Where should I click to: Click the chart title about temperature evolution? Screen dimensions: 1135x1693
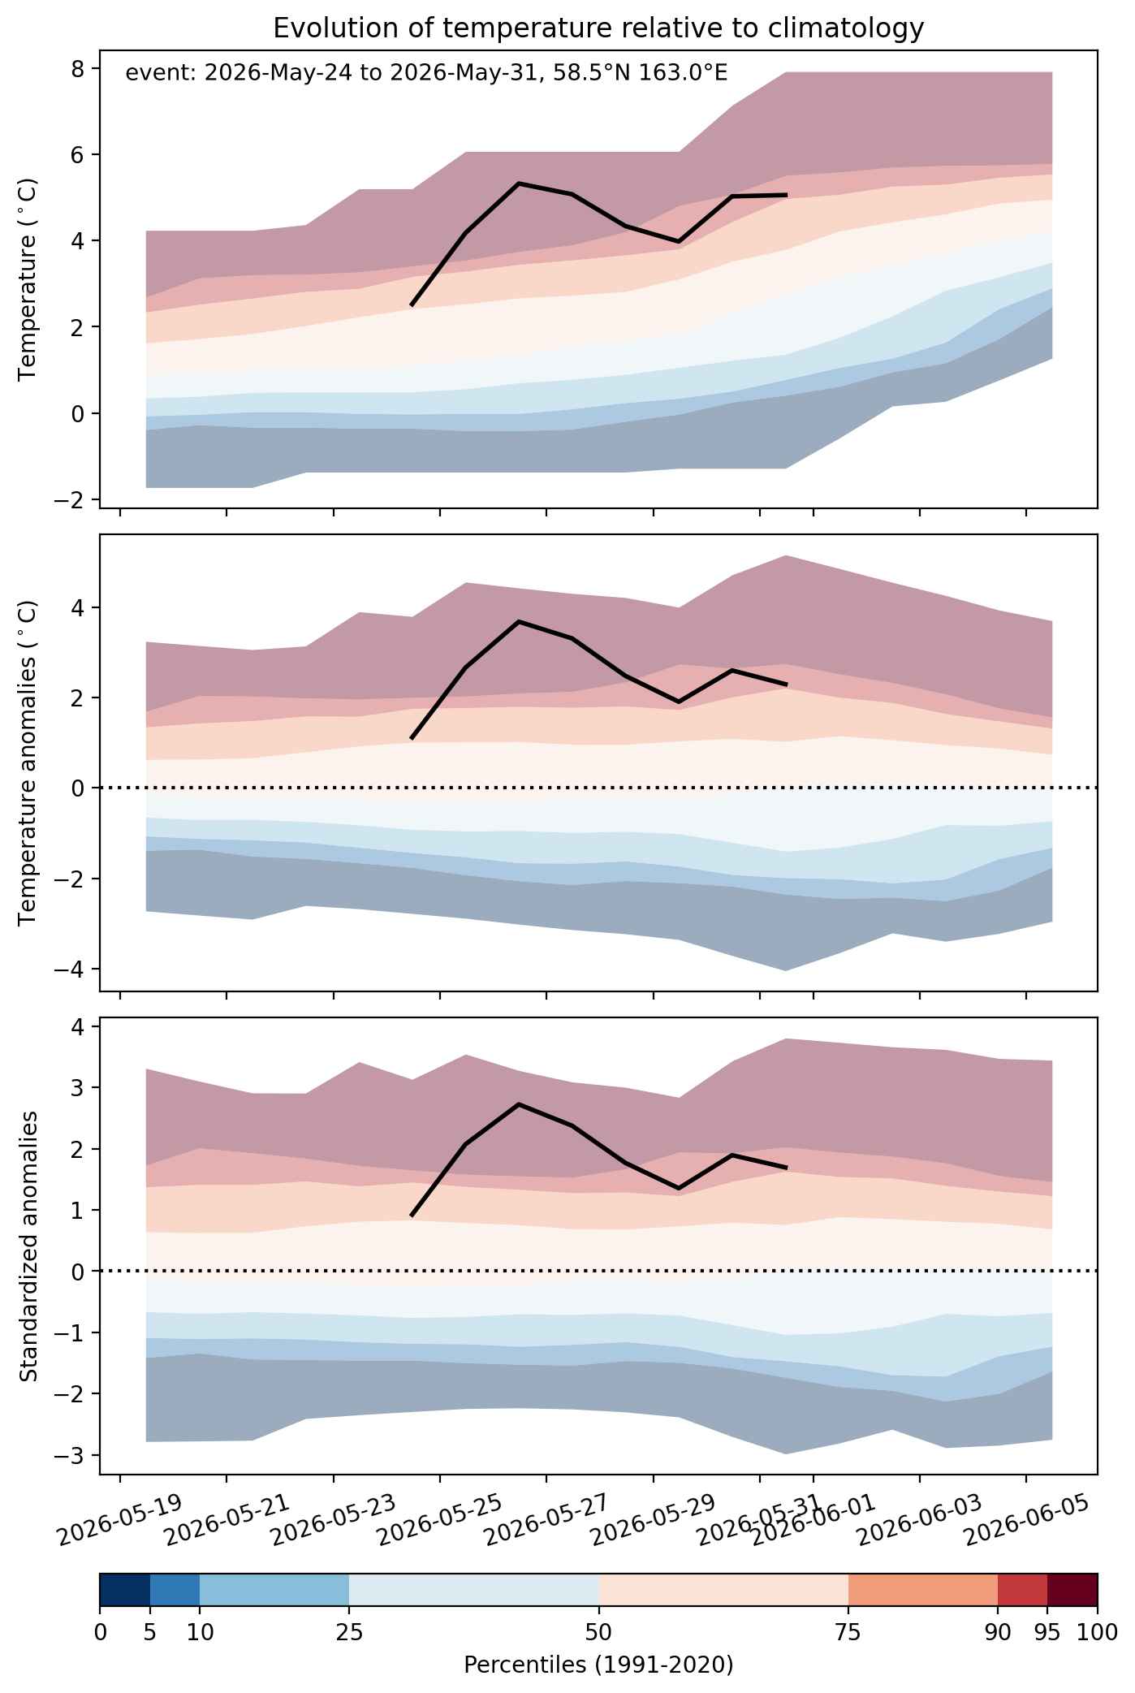coord(598,28)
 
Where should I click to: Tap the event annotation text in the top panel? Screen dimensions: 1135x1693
coord(426,74)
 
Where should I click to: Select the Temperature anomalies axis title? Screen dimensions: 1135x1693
coord(28,762)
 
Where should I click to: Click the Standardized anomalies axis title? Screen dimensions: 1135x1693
coord(28,1246)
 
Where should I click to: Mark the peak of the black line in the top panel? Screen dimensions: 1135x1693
coord(519,184)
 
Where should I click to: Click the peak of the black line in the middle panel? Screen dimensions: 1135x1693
coord(519,622)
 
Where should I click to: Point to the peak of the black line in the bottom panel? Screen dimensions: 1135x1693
coord(519,1104)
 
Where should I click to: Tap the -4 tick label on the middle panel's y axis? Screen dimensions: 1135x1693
coord(71,969)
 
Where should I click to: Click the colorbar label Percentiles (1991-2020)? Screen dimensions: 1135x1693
coord(598,1665)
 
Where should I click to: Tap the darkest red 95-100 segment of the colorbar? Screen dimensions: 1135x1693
coord(1072,1590)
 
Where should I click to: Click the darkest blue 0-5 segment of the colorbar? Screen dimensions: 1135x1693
coord(125,1590)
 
